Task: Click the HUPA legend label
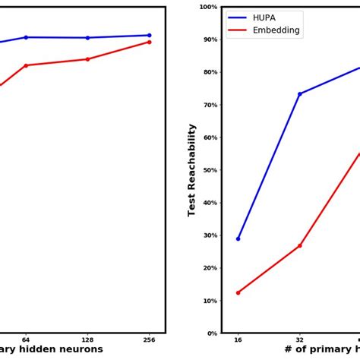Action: click(x=264, y=17)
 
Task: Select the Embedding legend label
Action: click(x=276, y=31)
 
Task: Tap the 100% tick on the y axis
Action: click(x=208, y=7)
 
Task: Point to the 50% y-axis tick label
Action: click(x=210, y=170)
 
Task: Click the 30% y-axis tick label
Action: click(x=210, y=235)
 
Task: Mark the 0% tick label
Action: click(x=212, y=333)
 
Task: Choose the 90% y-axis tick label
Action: click(x=210, y=39)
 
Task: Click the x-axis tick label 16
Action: click(x=238, y=340)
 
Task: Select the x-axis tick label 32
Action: click(x=299, y=340)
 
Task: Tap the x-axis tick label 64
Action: click(x=26, y=340)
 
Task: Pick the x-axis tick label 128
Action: click(x=87, y=340)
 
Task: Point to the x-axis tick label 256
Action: click(x=149, y=340)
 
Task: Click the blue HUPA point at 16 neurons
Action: click(x=238, y=238)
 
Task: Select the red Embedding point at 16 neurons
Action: click(x=238, y=292)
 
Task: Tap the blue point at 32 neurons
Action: click(x=299, y=94)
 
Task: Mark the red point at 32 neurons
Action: click(x=299, y=245)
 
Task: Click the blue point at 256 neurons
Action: click(x=149, y=35)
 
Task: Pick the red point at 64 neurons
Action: click(x=26, y=65)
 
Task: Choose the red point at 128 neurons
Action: click(x=87, y=59)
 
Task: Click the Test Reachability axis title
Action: click(x=192, y=170)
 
